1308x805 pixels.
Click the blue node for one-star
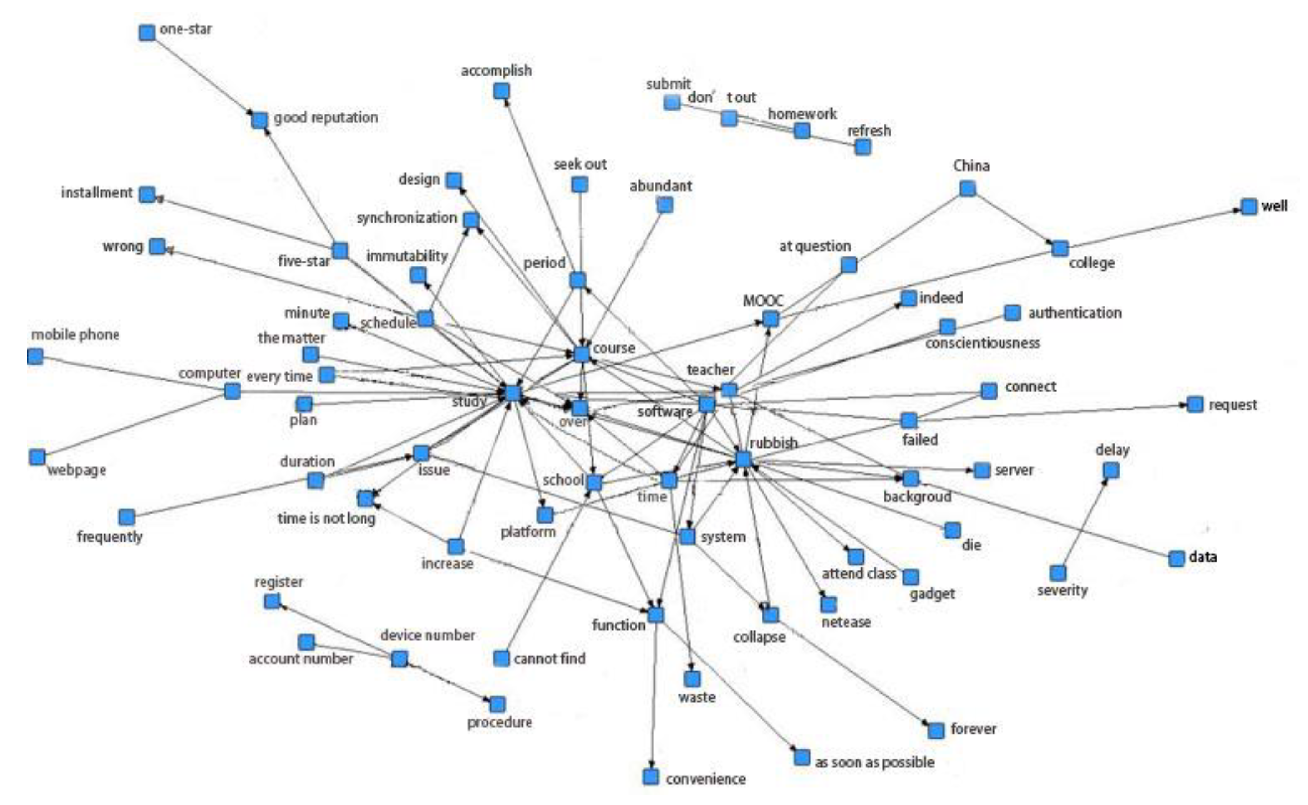147,33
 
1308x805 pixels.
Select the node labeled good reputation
259,120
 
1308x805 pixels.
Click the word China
971,166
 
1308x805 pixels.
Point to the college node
1060,248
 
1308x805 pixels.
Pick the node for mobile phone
35,356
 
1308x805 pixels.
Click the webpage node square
37,457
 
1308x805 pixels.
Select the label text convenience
705,780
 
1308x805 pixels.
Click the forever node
936,730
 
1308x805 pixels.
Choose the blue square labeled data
1176,559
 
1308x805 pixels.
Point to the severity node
1058,573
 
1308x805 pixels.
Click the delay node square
1111,471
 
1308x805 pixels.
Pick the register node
272,602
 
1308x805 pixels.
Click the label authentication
1075,313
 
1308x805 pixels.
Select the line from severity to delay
1084,522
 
